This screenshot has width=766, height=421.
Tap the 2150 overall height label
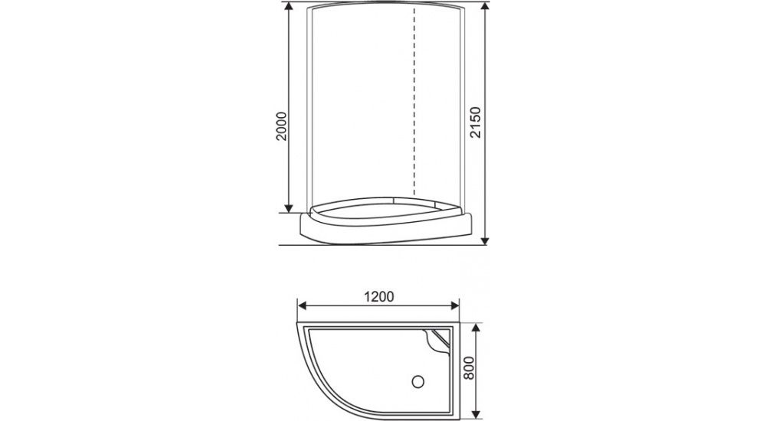[x=475, y=123]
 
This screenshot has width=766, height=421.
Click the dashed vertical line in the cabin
[x=414, y=100]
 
